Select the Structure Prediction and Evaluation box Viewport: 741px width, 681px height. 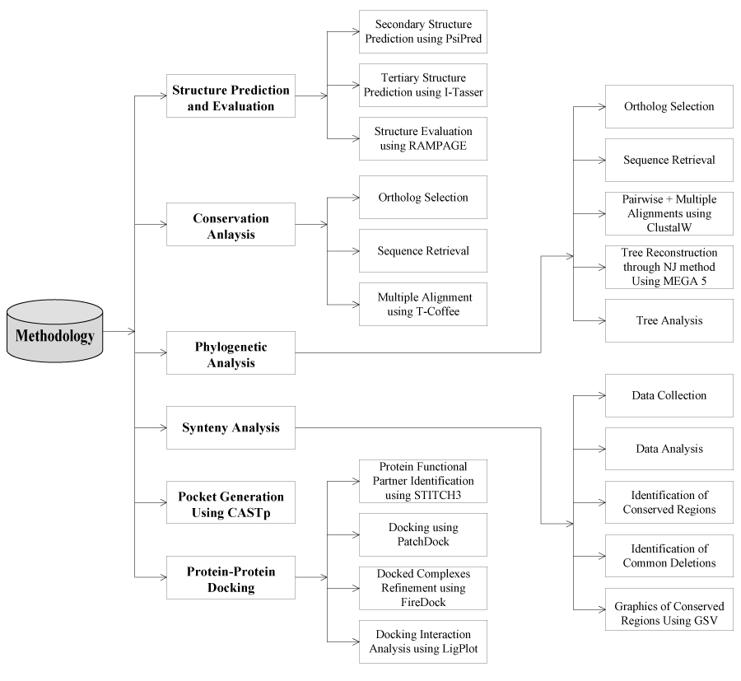point(231,96)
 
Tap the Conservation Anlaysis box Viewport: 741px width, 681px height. point(231,224)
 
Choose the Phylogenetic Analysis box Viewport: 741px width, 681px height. point(231,352)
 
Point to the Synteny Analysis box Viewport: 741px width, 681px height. point(231,427)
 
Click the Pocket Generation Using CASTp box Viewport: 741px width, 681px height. point(231,502)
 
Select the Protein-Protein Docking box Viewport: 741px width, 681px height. point(231,576)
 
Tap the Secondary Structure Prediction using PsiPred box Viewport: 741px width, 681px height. point(423,32)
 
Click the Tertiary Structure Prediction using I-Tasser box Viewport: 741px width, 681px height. point(423,85)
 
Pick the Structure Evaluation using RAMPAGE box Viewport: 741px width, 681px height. point(423,138)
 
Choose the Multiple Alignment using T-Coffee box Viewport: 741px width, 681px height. point(423,303)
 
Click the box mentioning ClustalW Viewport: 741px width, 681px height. point(669,213)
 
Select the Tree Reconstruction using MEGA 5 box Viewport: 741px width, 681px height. point(669,266)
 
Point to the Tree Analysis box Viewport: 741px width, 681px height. point(669,320)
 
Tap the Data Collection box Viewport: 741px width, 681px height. point(669,395)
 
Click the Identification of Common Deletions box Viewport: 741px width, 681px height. point(669,556)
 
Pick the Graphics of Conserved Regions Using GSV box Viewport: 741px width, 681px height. point(669,610)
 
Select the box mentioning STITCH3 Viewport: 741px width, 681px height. point(423,482)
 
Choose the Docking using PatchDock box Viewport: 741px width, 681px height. point(423,534)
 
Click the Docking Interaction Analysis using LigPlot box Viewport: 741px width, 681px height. point(423,642)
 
